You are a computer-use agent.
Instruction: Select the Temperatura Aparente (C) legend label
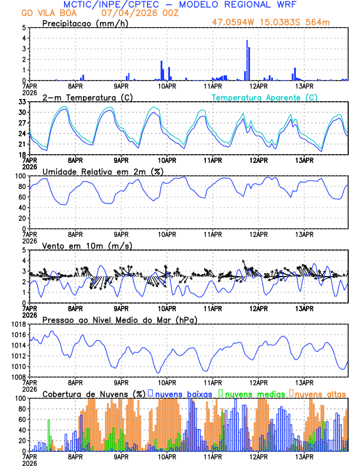[x=265, y=97]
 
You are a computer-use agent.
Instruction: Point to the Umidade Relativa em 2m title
[x=103, y=171]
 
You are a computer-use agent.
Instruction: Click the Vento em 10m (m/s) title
[x=88, y=245]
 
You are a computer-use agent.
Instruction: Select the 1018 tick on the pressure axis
[x=18, y=324]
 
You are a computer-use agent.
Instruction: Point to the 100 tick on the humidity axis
[x=19, y=176]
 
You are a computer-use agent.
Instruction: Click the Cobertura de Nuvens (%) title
[x=93, y=394]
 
